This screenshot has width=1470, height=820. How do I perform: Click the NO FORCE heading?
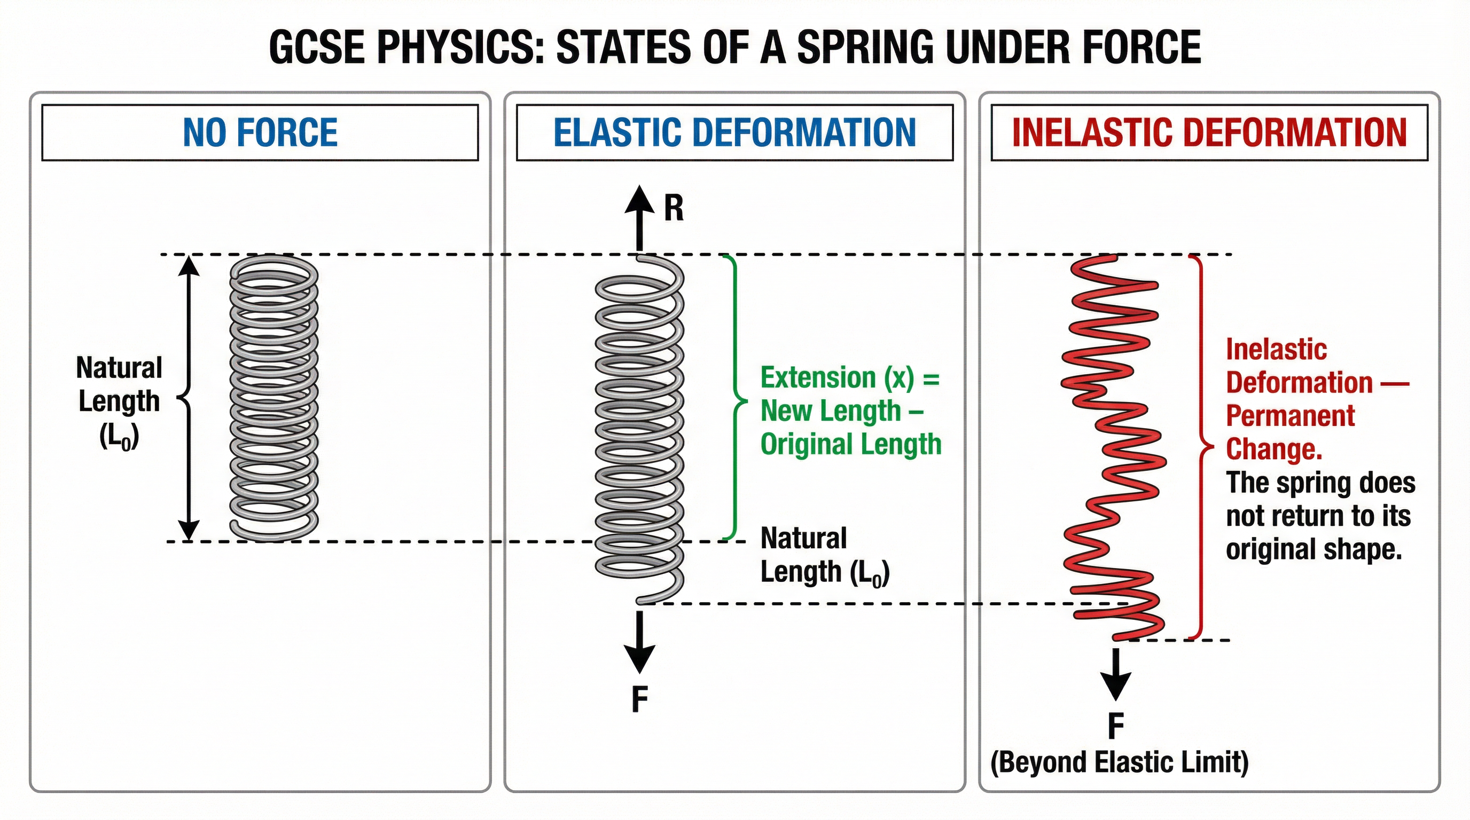coord(260,132)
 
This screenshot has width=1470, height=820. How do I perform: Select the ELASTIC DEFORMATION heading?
coord(734,132)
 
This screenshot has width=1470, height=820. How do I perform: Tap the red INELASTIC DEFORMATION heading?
coord(1209,132)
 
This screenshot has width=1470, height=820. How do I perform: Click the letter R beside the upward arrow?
coord(674,208)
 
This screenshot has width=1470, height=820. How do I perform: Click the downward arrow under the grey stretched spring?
coord(639,642)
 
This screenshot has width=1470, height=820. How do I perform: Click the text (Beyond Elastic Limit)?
coord(1119,762)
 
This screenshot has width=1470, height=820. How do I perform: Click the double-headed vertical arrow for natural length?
coord(189,398)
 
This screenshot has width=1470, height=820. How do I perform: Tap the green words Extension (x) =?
coord(850,378)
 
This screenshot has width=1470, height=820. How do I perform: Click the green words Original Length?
coord(850,444)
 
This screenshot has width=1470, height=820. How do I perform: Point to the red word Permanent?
coord(1289,416)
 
